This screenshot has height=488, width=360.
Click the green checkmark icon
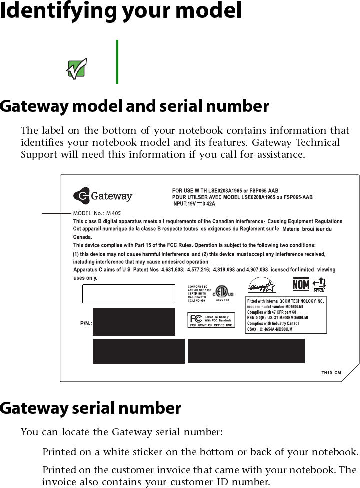[x=77, y=68]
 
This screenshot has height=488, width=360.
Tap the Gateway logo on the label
[x=103, y=196]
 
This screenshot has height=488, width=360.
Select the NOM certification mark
[x=301, y=285]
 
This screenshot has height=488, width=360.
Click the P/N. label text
[x=86, y=323]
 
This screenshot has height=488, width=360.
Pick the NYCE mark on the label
[x=319, y=285]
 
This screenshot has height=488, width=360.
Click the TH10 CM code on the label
[x=331, y=372]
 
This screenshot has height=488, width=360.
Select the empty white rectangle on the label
[x=129, y=294]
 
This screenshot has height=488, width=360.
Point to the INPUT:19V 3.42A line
[x=194, y=204]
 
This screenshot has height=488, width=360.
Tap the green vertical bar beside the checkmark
[x=117, y=62]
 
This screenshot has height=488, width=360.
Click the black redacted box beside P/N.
[x=134, y=322]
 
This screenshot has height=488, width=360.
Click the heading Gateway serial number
[x=90, y=409]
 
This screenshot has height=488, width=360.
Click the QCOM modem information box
[x=286, y=315]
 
